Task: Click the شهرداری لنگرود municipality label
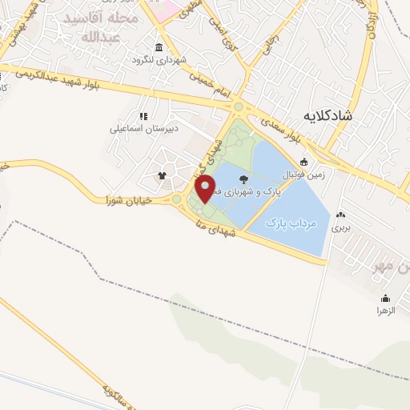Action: pos(160,60)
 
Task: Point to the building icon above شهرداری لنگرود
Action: pos(159,47)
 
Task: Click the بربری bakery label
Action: pos(342,227)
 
